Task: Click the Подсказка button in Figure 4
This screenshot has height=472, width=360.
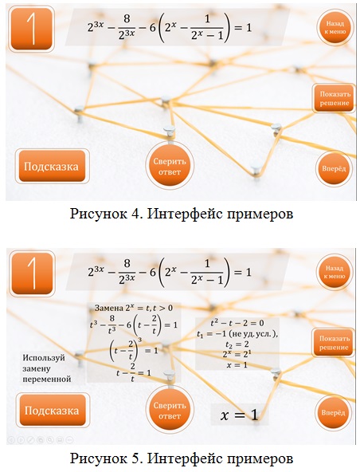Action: (x=52, y=166)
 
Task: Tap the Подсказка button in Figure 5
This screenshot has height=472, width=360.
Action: (x=53, y=410)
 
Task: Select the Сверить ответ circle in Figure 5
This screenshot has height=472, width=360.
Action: (x=170, y=410)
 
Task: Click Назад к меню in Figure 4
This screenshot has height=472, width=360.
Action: (x=335, y=27)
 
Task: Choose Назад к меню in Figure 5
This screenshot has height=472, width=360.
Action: (x=335, y=272)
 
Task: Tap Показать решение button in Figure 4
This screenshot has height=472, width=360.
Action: (x=335, y=98)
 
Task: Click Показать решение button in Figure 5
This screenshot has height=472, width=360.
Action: (x=334, y=343)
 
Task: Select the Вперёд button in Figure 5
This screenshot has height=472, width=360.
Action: (x=333, y=413)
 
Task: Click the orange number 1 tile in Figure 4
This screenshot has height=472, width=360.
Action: (x=32, y=29)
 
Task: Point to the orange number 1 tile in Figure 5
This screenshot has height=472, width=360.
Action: (x=32, y=273)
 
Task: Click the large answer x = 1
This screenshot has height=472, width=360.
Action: (x=240, y=415)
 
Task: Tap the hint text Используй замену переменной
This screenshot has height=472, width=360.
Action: (x=47, y=368)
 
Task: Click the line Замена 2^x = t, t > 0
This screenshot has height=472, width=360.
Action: (x=134, y=308)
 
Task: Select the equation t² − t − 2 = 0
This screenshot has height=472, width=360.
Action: (x=237, y=323)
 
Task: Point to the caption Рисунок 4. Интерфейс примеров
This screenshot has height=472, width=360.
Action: (x=182, y=214)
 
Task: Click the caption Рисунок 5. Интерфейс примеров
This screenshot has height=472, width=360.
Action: (x=182, y=458)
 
